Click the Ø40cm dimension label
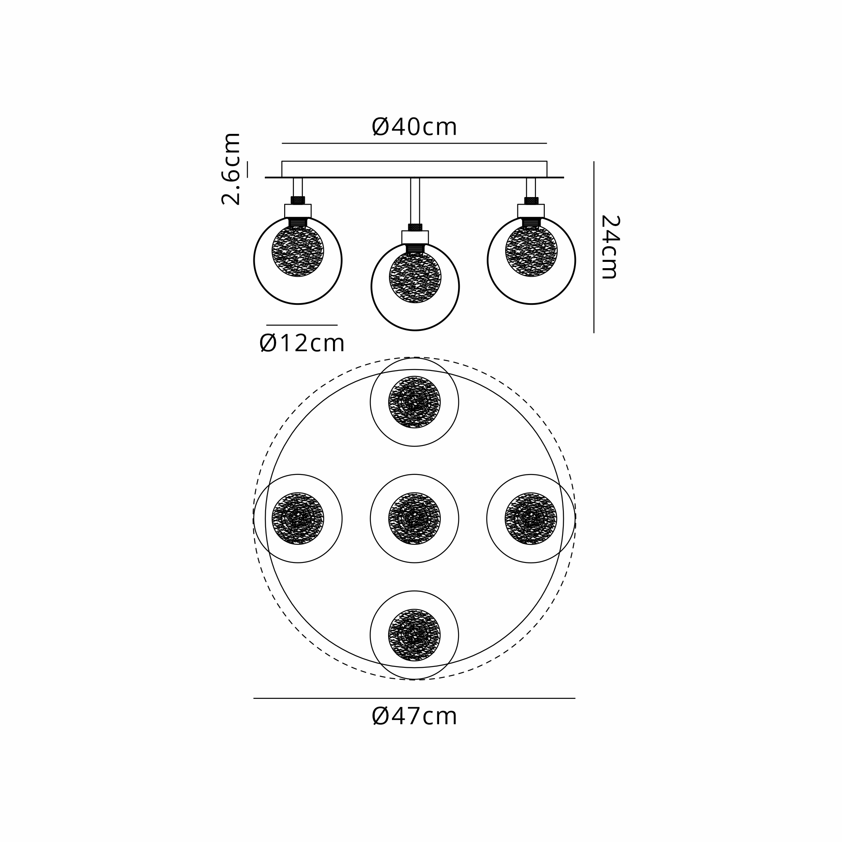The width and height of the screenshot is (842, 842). [414, 127]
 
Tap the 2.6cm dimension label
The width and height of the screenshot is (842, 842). [231, 169]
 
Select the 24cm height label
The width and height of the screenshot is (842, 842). [610, 247]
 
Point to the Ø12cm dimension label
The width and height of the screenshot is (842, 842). [302, 344]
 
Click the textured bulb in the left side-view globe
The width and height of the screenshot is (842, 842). [298, 250]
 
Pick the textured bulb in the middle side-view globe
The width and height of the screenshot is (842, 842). [415, 277]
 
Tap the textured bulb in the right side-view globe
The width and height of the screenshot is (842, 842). [531, 250]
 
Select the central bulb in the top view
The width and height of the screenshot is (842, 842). [414, 519]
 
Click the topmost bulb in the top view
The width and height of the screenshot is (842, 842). [414, 402]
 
